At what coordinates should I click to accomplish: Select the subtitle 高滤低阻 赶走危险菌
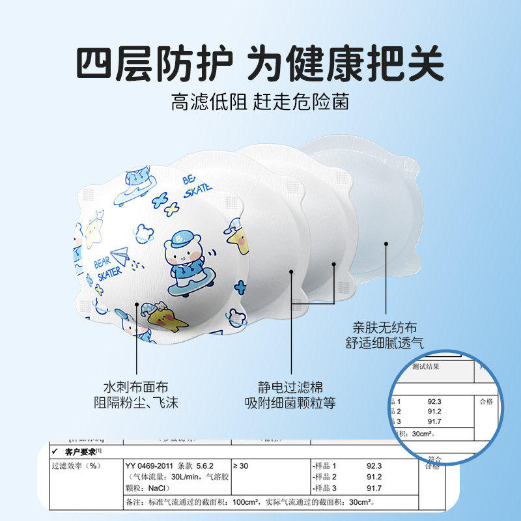coord(260,102)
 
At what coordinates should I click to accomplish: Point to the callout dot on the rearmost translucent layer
coord(386,246)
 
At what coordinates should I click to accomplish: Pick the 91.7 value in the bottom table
coord(374,488)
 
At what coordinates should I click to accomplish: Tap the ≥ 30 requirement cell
coord(245,466)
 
